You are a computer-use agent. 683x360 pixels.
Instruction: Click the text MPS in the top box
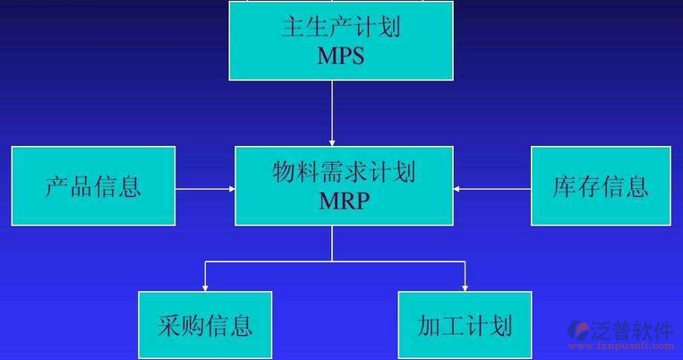click(x=341, y=56)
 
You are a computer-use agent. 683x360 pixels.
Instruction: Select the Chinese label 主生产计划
click(x=341, y=26)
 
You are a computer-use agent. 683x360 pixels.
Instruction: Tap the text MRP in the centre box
click(x=344, y=201)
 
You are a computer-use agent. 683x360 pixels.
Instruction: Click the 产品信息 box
click(x=93, y=186)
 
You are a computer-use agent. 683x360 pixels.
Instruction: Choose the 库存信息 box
click(x=601, y=186)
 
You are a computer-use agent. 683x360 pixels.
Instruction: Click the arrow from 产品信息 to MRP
click(x=205, y=189)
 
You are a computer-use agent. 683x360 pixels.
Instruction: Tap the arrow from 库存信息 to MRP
click(x=491, y=189)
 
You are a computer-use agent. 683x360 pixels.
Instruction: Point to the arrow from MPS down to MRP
click(x=332, y=112)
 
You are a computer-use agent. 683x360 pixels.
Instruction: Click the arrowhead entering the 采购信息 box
click(x=205, y=287)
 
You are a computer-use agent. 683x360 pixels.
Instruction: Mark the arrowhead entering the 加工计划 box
click(x=465, y=287)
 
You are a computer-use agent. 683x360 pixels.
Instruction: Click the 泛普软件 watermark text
click(x=632, y=330)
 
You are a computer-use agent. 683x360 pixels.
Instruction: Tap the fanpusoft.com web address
click(x=627, y=347)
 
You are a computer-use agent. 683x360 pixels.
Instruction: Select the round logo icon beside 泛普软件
click(x=580, y=330)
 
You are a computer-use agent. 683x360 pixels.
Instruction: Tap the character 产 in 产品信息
click(x=57, y=186)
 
